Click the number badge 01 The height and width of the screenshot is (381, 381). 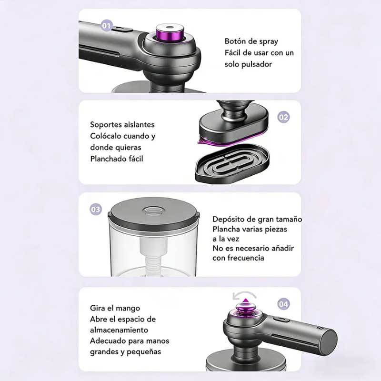click(x=107, y=26)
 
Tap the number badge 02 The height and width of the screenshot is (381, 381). click(x=283, y=117)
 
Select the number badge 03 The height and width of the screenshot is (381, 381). click(x=96, y=210)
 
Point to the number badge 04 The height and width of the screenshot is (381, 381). click(x=283, y=304)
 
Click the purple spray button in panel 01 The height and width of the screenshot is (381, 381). click(x=170, y=32)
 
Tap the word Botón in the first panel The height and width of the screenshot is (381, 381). click(x=234, y=41)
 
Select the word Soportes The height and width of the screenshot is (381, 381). click(x=105, y=125)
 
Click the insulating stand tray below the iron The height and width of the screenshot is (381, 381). click(x=232, y=163)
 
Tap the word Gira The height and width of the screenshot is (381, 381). click(x=98, y=308)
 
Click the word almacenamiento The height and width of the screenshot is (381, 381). click(x=119, y=330)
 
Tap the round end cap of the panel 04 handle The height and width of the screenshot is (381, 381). click(x=329, y=340)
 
